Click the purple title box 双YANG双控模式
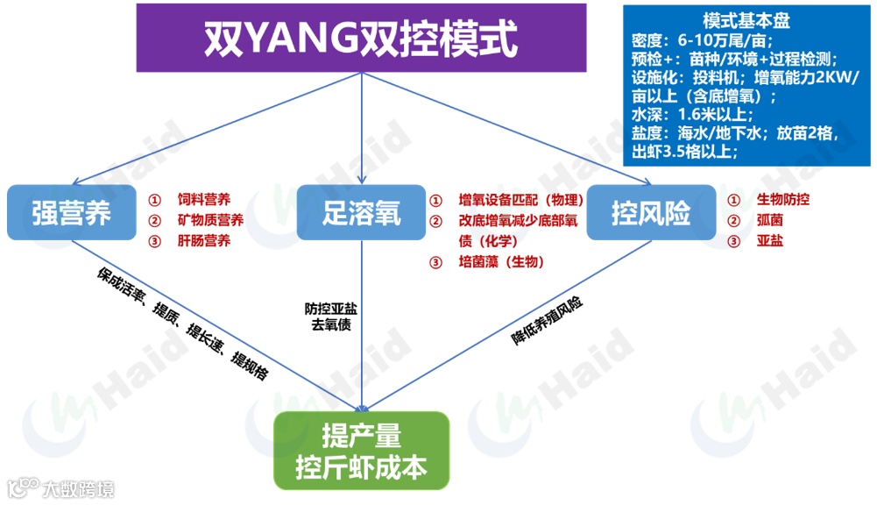[360, 38]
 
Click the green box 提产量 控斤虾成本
[361, 451]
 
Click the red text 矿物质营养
[210, 219]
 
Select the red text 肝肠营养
[204, 240]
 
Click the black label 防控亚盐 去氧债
[330, 317]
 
